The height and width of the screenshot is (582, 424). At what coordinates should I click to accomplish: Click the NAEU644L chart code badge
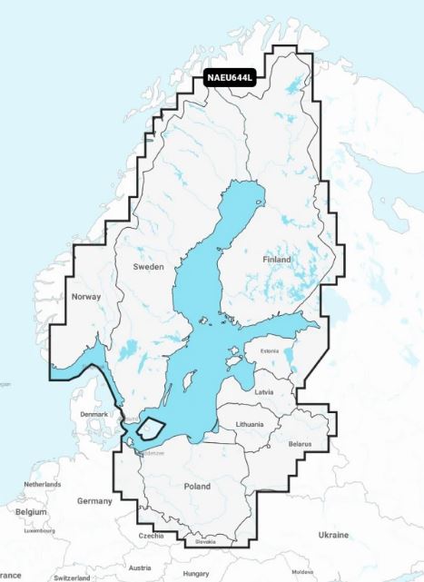click(x=230, y=78)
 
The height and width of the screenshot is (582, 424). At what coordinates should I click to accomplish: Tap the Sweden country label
click(x=149, y=267)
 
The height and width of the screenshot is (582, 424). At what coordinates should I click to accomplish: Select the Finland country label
click(x=276, y=260)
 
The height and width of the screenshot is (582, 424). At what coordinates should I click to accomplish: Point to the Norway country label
click(x=86, y=297)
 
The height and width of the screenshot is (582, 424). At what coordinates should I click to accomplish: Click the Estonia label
click(x=269, y=351)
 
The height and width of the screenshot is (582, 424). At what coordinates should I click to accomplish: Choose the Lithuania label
click(x=249, y=424)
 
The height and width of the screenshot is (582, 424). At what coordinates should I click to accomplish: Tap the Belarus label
click(x=300, y=444)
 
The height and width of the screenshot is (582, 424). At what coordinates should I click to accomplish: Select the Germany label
click(x=94, y=501)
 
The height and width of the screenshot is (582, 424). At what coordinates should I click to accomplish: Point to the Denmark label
click(x=94, y=414)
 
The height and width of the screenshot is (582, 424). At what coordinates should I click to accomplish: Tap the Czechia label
click(x=152, y=536)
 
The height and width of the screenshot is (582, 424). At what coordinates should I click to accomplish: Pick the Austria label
click(x=140, y=567)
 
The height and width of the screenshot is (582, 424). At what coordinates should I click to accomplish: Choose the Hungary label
click(x=196, y=574)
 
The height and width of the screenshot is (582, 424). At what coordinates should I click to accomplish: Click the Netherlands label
click(x=43, y=485)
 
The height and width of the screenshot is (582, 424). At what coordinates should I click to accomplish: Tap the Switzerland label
click(x=73, y=577)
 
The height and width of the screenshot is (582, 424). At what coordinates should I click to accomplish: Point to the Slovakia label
click(x=205, y=542)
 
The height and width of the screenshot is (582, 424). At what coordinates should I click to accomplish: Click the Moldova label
click(x=302, y=571)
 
